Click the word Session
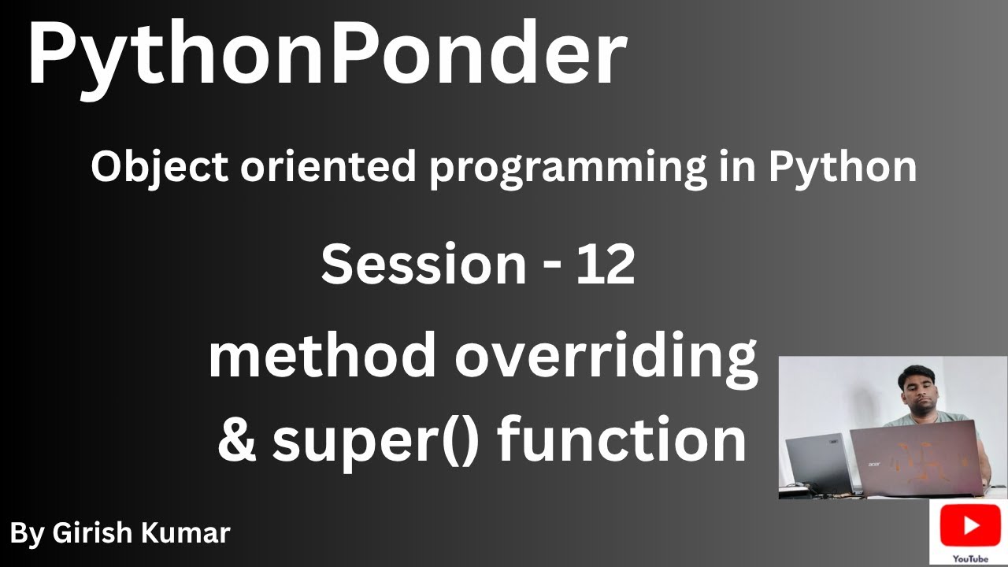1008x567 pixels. coord(424,264)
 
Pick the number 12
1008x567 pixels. coord(606,265)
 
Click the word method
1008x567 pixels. coord(321,354)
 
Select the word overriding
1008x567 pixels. coord(606,360)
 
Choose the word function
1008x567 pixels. coord(621,439)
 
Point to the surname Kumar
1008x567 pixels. coord(185,533)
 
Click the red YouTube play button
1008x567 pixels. coord(970,525)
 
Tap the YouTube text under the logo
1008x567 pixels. coord(970,559)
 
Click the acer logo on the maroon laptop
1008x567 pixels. coord(873,464)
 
